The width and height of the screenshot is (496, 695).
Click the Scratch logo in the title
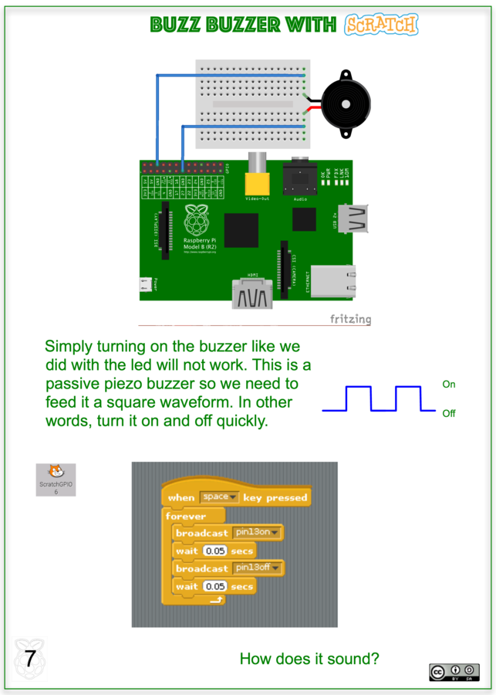coord(381,25)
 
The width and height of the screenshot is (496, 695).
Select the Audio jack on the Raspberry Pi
coord(300,183)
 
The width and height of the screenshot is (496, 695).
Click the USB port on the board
coord(356,219)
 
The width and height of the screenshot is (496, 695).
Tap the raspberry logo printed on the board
coord(198,222)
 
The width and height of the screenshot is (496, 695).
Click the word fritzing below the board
coord(350,319)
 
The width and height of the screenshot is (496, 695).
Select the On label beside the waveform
coord(449,384)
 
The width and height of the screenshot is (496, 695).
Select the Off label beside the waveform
coord(449,413)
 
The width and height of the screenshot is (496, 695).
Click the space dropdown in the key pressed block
coord(220,497)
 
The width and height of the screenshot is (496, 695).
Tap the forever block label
coord(186,516)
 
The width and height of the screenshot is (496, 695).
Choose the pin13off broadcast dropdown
coord(258,568)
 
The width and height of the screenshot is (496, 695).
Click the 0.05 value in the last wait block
coord(215,586)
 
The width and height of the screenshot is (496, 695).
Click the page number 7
coord(30,659)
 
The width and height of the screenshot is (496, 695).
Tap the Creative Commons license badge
coord(454,672)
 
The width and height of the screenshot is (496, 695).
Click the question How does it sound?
coord(309,659)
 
